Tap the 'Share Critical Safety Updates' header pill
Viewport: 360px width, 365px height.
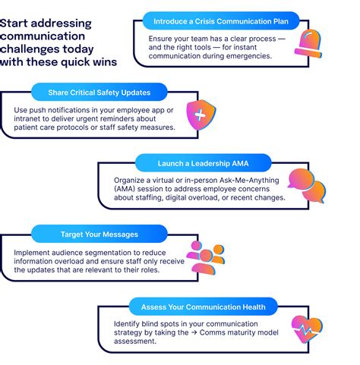click(x=99, y=93)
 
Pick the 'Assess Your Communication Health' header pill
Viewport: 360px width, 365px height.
click(x=203, y=307)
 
